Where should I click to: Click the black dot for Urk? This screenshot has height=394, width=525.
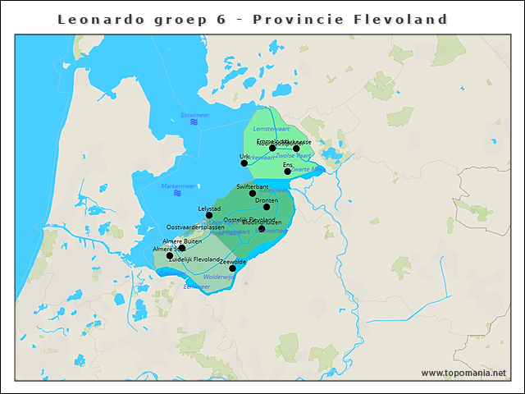[244, 163]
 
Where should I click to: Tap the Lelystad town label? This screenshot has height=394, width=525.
[209, 208]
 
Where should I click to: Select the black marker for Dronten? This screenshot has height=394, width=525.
[267, 207]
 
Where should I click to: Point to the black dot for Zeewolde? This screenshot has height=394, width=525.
[232, 268]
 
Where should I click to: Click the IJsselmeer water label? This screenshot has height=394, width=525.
[194, 115]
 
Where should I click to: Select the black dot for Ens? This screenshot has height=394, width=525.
[287, 172]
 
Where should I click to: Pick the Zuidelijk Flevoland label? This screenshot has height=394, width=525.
[194, 259]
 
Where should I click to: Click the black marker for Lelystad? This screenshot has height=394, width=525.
[209, 216]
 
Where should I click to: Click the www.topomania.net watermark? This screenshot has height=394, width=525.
[463, 373]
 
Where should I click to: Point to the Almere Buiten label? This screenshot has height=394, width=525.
[182, 241]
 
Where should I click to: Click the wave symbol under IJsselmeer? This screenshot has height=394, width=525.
[194, 122]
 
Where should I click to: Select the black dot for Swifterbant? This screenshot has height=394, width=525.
[253, 193]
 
